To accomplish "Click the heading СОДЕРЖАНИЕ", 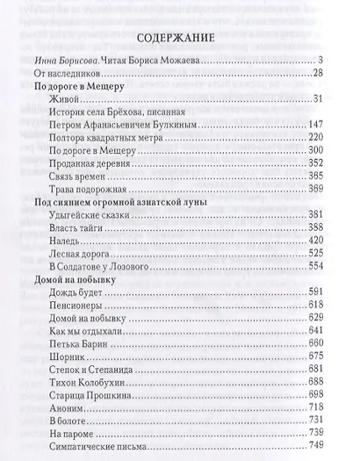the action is pyautogui.click(x=179, y=39).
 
